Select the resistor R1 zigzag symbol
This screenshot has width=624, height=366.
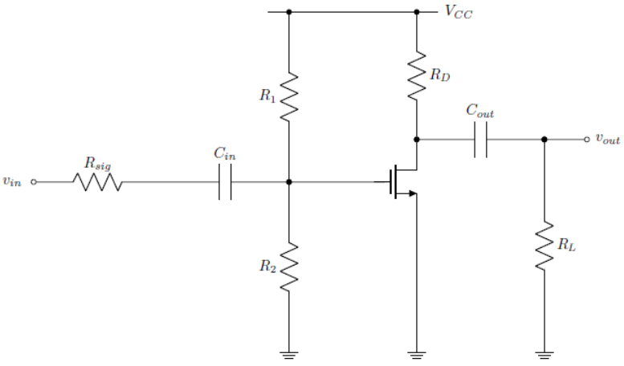pos(289,97)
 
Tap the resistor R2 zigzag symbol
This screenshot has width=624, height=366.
pos(289,266)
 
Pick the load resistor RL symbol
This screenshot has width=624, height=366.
pos(544,245)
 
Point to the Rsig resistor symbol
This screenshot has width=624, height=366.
pos(98,182)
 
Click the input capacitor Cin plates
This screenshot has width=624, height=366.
pos(226,182)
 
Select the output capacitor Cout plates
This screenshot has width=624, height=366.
pos(481,140)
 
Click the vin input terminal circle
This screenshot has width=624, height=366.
pos(34,182)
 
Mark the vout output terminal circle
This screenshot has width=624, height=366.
pos(587,140)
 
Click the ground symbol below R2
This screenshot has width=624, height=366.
pos(289,351)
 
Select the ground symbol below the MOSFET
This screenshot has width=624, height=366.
pos(417,351)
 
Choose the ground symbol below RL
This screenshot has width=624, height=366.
pos(544,351)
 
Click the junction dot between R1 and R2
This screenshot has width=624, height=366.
pos(289,182)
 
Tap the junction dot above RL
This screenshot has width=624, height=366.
pos(544,140)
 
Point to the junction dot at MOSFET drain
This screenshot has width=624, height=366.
pos(417,140)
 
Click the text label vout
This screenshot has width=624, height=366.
pos(607,140)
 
